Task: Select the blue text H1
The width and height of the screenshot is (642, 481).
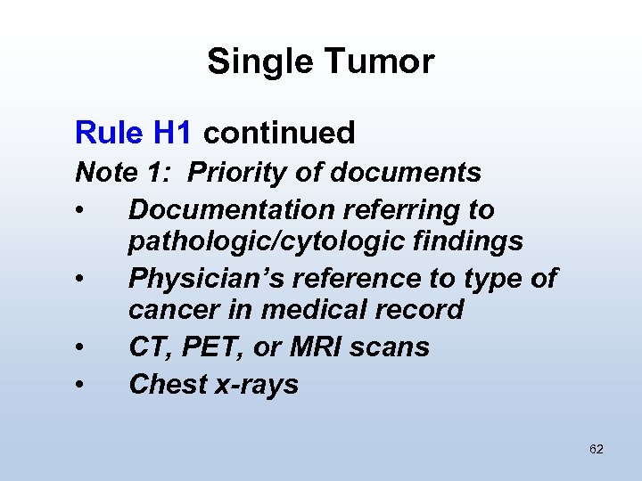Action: point(173,134)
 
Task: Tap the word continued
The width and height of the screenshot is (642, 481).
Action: point(279,134)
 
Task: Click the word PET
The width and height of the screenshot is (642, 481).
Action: point(208,347)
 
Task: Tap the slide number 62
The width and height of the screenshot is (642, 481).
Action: point(597,450)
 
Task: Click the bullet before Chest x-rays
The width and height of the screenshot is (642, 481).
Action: point(81,386)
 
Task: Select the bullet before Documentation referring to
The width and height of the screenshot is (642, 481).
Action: point(81,211)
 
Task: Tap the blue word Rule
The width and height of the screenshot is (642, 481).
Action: point(108,134)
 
